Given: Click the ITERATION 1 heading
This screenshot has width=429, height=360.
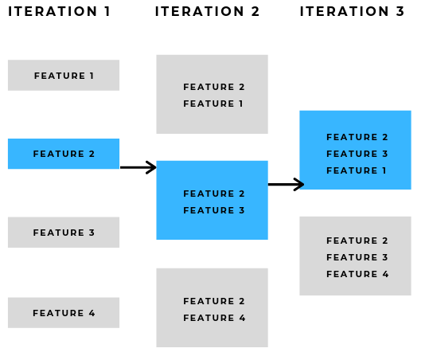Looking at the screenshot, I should (60, 12).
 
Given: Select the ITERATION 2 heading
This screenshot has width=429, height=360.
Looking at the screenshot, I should (208, 12).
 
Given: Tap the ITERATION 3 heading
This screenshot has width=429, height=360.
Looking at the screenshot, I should (353, 12).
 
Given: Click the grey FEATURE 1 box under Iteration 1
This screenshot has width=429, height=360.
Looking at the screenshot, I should (64, 76).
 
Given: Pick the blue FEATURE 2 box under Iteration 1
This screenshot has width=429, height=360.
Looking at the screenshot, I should (64, 154).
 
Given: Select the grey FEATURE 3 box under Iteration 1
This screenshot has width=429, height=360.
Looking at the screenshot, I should (64, 233).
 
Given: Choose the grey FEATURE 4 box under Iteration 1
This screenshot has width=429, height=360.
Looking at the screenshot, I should (64, 313).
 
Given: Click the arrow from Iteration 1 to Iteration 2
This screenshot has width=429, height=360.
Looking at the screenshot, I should (138, 167).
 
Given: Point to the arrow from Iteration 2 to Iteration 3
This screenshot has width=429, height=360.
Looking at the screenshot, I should (286, 185).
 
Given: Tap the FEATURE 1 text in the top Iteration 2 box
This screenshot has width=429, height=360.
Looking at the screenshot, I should (214, 104).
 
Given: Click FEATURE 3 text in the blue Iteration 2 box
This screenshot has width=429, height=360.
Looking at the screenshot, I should (214, 210).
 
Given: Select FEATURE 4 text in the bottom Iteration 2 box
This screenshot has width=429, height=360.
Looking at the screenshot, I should (214, 318).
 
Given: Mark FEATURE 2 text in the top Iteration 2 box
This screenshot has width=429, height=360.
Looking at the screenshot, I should (214, 87).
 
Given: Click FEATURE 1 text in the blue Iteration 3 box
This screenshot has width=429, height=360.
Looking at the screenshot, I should (357, 170).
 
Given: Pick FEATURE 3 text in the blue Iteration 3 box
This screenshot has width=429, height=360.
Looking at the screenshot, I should (357, 154).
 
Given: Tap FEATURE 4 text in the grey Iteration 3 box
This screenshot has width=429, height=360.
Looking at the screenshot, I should (357, 274).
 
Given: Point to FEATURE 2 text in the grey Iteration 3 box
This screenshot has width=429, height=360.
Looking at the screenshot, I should (357, 241).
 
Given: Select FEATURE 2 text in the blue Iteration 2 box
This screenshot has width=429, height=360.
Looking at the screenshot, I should (214, 194).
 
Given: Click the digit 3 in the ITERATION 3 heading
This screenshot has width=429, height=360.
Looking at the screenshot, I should (400, 12).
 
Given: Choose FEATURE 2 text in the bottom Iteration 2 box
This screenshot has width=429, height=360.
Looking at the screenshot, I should (214, 301).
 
